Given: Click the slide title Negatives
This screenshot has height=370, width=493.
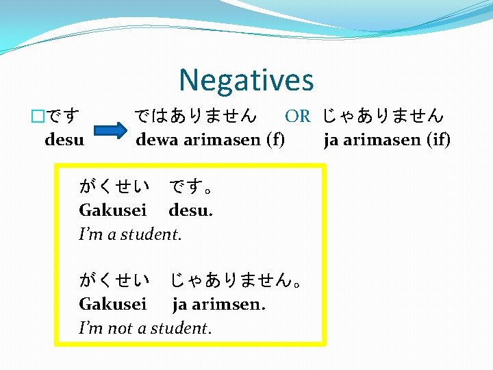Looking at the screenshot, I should [x=246, y=80].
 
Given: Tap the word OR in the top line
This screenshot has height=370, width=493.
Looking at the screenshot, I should [x=297, y=116].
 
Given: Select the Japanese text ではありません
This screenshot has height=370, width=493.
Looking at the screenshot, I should [x=196, y=116].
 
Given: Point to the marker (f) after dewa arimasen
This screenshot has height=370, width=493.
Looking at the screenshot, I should [x=276, y=140].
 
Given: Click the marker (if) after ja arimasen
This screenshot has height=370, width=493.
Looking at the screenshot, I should [x=438, y=140].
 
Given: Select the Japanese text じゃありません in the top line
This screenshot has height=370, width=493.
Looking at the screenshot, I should [x=383, y=116].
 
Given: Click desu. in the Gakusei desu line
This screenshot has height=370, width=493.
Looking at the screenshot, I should [x=190, y=210].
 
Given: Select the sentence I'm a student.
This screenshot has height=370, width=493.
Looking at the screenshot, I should [x=130, y=234].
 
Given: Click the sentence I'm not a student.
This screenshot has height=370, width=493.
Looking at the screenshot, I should [x=145, y=328].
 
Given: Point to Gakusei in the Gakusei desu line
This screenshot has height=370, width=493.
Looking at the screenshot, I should [x=112, y=210].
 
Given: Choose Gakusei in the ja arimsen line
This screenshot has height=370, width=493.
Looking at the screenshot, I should [x=112, y=304].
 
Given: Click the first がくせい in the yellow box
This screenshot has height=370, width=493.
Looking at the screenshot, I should [x=114, y=186].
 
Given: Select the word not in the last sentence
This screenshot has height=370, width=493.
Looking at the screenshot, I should [x=121, y=328].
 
